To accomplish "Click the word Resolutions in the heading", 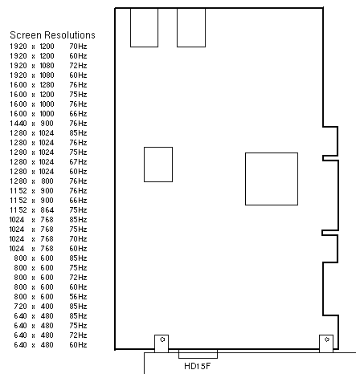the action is [x=70, y=35].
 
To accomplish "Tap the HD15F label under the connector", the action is [x=198, y=366].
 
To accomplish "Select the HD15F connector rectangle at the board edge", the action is [x=198, y=354].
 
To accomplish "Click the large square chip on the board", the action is [x=272, y=179].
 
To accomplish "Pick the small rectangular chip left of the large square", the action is [x=158, y=165].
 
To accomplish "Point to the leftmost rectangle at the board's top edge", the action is [x=144, y=27].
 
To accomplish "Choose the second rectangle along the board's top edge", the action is [x=191, y=27].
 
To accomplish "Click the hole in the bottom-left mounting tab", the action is [x=162, y=339].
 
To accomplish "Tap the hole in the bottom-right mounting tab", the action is [x=327, y=339].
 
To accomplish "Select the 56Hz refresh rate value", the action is [x=78, y=297].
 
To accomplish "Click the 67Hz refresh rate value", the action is [x=78, y=162].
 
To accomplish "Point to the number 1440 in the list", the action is [x=18, y=124].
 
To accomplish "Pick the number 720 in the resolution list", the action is [x=21, y=307].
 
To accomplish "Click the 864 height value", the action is [x=47, y=210].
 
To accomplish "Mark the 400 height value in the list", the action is [x=47, y=307].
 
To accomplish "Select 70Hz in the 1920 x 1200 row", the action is [x=78, y=47].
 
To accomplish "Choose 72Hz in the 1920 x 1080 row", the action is [x=78, y=66].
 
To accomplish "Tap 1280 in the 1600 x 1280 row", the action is [x=47, y=85].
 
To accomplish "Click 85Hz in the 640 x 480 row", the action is [x=78, y=316].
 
